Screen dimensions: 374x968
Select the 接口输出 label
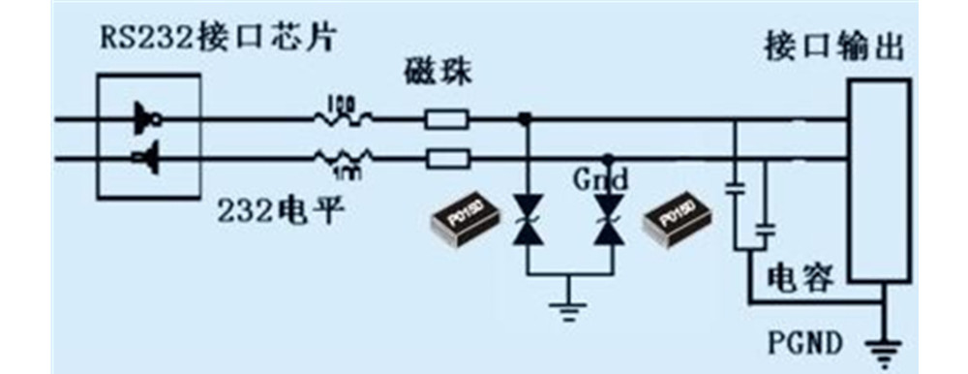coord(834,46)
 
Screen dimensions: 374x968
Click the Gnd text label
coord(600,179)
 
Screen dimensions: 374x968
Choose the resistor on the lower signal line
coord(343,158)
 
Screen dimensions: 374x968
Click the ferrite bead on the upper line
coord(446,120)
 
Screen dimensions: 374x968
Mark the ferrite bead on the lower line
coord(446,158)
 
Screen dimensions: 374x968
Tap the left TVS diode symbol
coord(525,218)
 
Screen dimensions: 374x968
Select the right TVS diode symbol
coord(608,218)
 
